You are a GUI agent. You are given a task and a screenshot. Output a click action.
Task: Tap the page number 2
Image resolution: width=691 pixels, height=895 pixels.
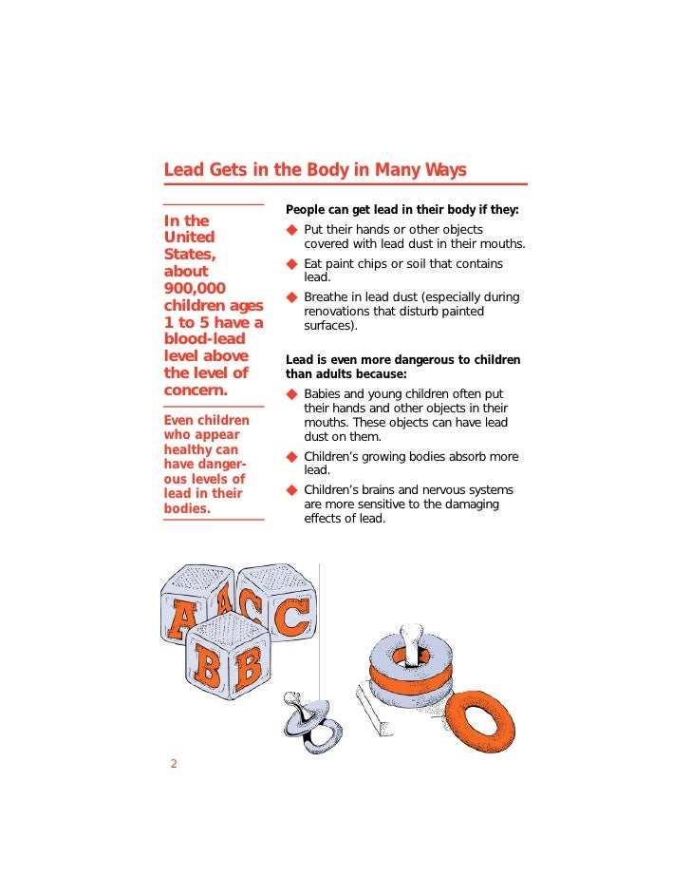[174, 764]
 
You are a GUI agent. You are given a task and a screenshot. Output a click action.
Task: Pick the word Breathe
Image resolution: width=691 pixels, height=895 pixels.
[328, 297]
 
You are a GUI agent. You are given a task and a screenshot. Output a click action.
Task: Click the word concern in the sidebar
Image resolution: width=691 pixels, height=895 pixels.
[196, 390]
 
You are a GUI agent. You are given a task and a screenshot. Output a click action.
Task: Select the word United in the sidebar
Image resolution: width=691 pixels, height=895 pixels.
[190, 237]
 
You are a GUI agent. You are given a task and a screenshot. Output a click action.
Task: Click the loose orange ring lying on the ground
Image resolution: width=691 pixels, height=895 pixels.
[482, 721]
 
